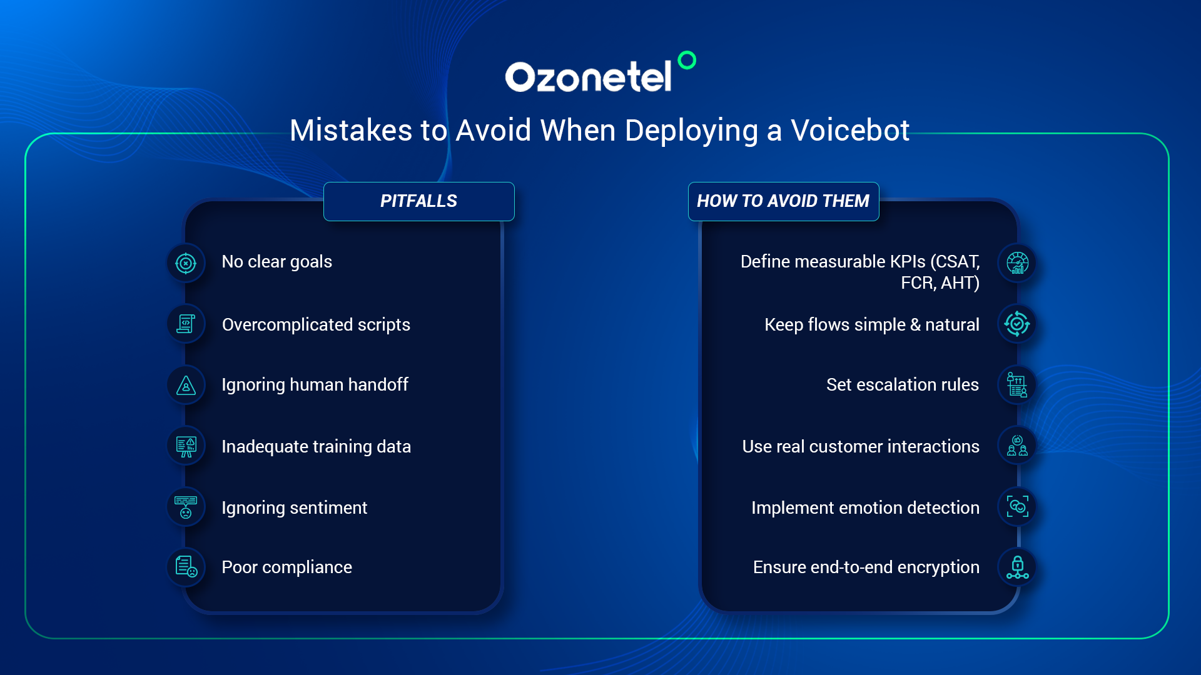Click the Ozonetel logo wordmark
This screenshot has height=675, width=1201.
[x=588, y=77]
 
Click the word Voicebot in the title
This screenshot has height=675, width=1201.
[x=850, y=131]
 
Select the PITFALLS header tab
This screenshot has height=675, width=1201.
[x=419, y=201]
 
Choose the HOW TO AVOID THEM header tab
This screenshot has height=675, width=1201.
[x=783, y=201]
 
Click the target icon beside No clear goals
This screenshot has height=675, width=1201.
[x=186, y=263]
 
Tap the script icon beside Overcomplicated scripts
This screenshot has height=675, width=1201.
[x=186, y=324]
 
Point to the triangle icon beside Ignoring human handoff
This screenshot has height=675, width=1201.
[x=186, y=385]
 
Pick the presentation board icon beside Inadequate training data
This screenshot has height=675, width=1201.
[x=186, y=446]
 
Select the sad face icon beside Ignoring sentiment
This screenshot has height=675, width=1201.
[x=186, y=507]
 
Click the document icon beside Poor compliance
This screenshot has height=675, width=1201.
[x=186, y=567]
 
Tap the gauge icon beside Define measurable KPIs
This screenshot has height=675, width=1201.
[x=1017, y=263]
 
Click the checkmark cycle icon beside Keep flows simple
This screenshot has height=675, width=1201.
[x=1017, y=324]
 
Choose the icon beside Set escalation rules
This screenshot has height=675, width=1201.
[x=1017, y=385]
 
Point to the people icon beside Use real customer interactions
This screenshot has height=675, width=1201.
[x=1017, y=446]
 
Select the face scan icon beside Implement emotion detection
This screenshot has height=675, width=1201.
[x=1017, y=507]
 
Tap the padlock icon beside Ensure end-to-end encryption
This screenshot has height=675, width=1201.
[x=1017, y=567]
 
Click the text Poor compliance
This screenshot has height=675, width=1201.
[x=286, y=567]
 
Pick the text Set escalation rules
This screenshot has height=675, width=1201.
[x=902, y=385]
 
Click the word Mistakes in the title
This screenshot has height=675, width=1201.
[x=351, y=131]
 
